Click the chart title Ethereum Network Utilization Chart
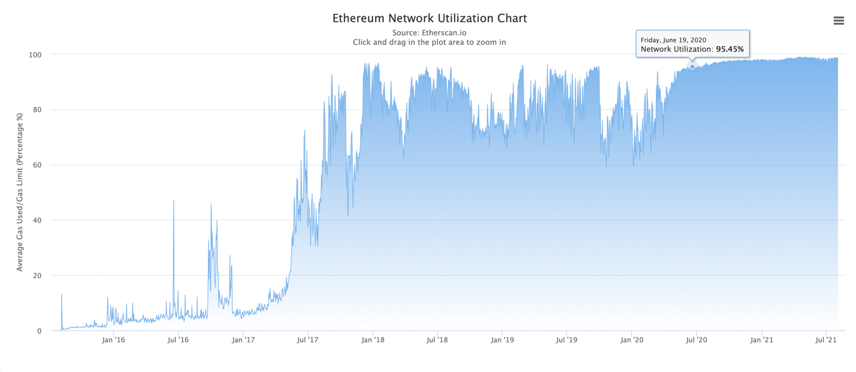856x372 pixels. [x=429, y=18]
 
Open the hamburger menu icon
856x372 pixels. [x=839, y=21]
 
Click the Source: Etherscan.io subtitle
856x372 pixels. [x=429, y=32]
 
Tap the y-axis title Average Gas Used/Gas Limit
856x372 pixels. [x=20, y=192]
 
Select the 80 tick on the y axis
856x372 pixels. [x=37, y=110]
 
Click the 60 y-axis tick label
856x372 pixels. [x=37, y=165]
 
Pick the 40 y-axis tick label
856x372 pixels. [x=37, y=220]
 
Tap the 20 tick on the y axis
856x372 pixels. [x=37, y=276]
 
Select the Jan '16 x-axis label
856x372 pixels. [x=113, y=340]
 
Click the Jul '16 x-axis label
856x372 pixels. [x=178, y=340]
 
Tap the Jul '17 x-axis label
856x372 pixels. [x=307, y=340]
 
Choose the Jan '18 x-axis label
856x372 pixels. [x=373, y=340]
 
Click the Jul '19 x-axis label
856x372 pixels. [x=567, y=340]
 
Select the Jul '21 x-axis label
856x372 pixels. [x=826, y=340]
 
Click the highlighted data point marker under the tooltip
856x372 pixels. [x=692, y=66]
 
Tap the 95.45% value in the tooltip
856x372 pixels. [x=730, y=49]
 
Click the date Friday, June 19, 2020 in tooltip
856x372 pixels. [x=673, y=40]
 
